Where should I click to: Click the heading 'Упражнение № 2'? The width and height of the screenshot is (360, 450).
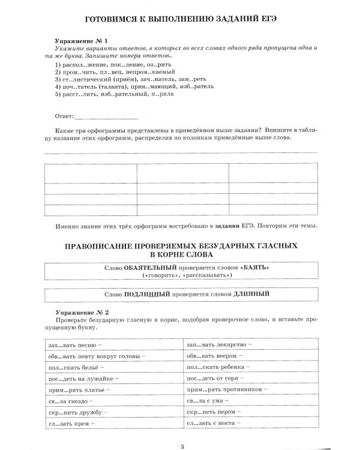tap(80, 313)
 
